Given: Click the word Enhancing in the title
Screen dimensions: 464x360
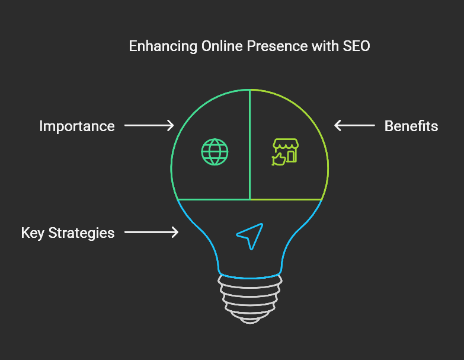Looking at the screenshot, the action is click(163, 46).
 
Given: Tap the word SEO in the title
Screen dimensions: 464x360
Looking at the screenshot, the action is click(356, 46).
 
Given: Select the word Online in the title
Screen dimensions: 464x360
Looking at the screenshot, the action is click(222, 46).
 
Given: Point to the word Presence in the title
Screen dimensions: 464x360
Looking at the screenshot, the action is click(277, 46).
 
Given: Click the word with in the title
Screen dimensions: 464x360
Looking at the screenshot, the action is click(325, 46).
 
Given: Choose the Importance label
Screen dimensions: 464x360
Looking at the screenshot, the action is click(77, 126).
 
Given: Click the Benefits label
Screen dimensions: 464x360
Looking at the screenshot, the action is click(411, 126).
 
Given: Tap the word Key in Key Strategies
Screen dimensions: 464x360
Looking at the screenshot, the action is click(33, 233).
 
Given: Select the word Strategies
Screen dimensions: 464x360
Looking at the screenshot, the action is click(81, 233).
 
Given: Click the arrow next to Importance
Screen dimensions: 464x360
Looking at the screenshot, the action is click(149, 125).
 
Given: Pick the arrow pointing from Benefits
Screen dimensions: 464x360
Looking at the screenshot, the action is click(354, 125).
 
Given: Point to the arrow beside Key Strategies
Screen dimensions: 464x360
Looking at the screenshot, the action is click(151, 232).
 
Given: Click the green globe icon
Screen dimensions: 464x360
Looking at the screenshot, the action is click(215, 152).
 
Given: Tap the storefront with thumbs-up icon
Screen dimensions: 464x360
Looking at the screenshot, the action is click(285, 152).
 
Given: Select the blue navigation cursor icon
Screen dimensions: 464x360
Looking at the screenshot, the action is click(250, 236).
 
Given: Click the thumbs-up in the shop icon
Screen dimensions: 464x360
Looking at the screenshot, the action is click(279, 159).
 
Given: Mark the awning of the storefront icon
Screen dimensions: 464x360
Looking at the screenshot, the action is click(286, 144).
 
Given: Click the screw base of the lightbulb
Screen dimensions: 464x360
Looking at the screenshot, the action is click(250, 299).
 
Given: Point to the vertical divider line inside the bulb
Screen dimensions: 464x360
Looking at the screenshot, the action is click(250, 145).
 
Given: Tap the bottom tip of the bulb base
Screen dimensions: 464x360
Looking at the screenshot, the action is click(250, 323).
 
